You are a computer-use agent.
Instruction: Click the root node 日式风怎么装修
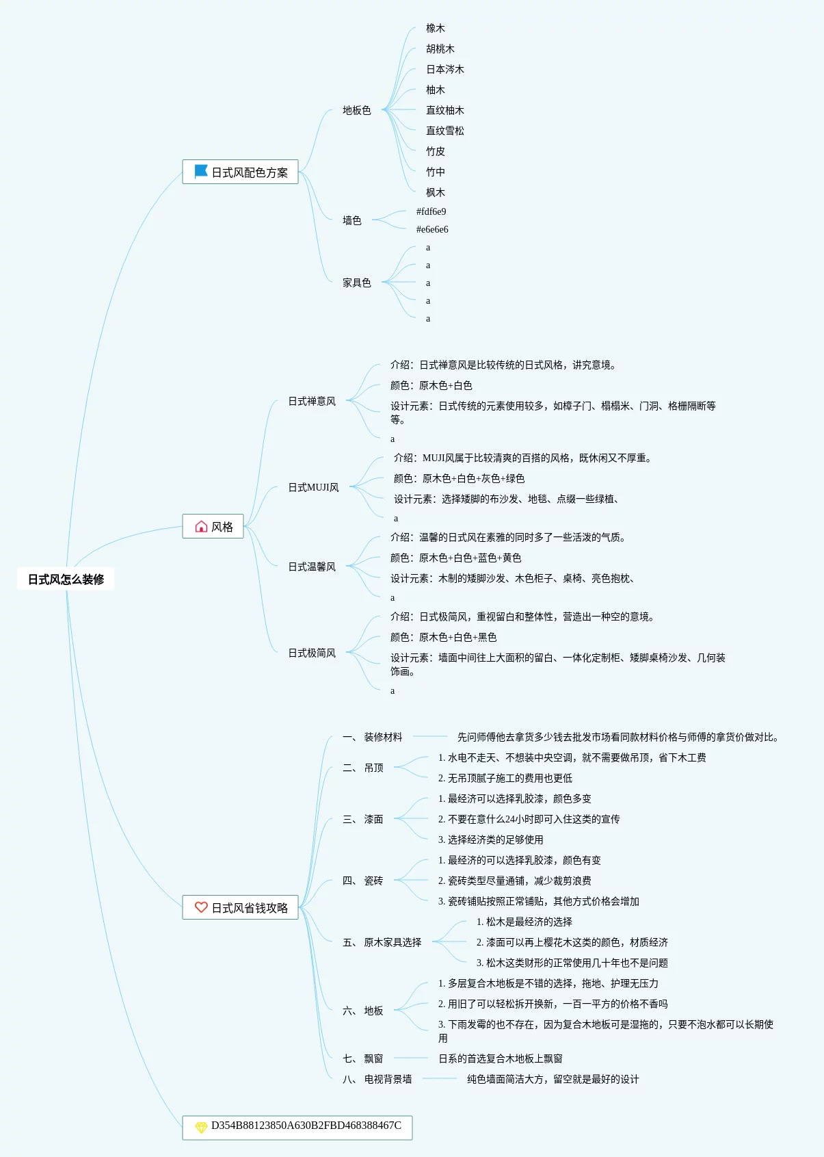point(66,580)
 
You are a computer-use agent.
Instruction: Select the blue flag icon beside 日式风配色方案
point(201,172)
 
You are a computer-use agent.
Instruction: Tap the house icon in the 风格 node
point(201,527)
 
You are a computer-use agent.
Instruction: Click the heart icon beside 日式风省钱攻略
point(201,907)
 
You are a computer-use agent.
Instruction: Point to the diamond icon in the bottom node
point(201,1127)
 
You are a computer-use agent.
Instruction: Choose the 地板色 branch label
point(357,110)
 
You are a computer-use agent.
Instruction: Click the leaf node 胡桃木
point(440,49)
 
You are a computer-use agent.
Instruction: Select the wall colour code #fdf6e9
point(431,211)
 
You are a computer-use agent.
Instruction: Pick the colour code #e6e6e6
point(432,229)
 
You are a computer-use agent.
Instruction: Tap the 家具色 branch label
point(357,283)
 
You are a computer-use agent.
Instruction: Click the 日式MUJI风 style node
point(313,487)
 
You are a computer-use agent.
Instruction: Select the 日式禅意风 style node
point(312,401)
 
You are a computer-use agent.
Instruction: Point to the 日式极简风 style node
point(312,653)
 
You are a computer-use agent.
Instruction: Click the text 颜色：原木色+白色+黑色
point(443,637)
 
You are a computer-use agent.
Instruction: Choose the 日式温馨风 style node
point(312,567)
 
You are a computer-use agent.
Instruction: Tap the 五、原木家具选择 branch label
point(382,942)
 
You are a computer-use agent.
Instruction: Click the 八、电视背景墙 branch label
point(377,1079)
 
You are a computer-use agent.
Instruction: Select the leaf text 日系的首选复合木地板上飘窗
point(501,1058)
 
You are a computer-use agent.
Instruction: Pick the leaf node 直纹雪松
point(445,131)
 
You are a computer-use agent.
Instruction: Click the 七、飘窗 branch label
point(363,1058)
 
